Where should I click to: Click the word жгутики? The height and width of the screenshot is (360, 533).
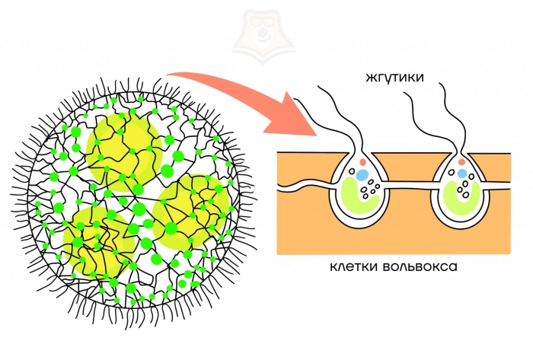[x=394, y=77]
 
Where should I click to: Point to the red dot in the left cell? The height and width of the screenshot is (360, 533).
[x=362, y=162]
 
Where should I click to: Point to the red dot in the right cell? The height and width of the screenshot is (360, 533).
[x=461, y=162]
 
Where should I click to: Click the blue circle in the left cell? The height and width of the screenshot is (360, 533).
[x=362, y=175]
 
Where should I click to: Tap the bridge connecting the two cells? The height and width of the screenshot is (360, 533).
[x=407, y=184]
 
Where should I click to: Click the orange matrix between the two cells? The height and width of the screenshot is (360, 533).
[x=407, y=221]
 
